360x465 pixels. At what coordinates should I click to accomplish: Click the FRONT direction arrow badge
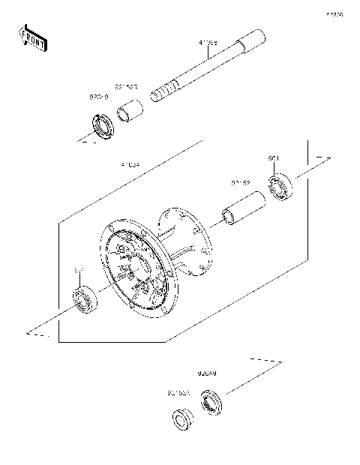[x=33, y=38]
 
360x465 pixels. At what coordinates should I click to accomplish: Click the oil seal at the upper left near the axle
[x=100, y=125]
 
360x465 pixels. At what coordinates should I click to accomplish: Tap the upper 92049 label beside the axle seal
[x=99, y=97]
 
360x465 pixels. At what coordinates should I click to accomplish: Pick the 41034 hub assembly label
[x=130, y=163]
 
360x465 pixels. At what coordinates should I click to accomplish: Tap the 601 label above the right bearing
[x=274, y=158]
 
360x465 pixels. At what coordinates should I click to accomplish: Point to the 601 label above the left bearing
[x=78, y=268]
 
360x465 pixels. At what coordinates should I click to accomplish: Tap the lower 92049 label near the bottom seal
[x=208, y=373]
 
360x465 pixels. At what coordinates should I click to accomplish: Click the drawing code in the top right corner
[x=334, y=13]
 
